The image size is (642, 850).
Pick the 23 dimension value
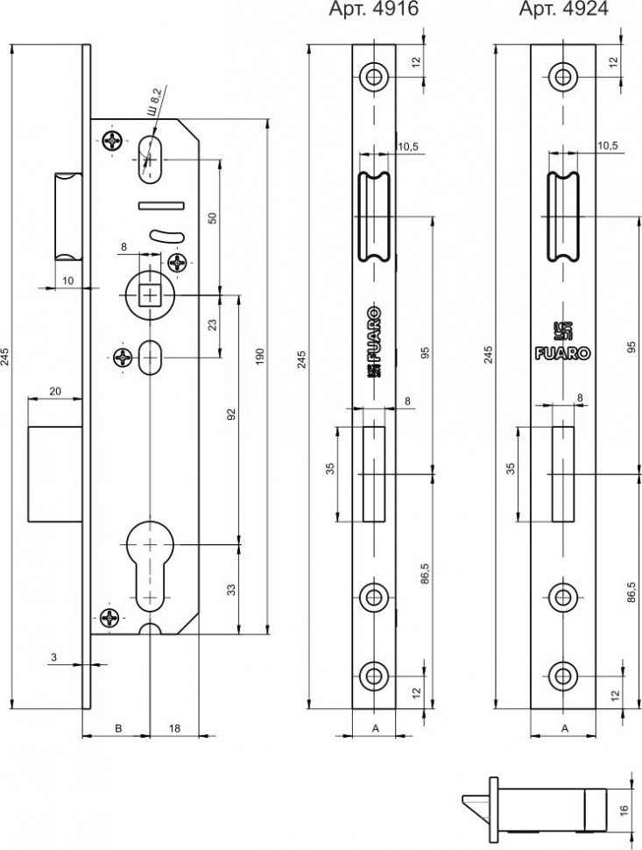click(212, 324)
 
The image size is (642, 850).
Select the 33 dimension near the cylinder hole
click(232, 588)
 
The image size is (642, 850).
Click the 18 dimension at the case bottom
click(174, 727)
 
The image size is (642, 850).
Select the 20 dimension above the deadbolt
click(54, 392)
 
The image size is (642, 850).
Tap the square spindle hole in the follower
click(150, 295)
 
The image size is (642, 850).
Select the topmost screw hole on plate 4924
click(561, 75)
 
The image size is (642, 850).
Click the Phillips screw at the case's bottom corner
click(111, 618)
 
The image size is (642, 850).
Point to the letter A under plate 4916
click(374, 727)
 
